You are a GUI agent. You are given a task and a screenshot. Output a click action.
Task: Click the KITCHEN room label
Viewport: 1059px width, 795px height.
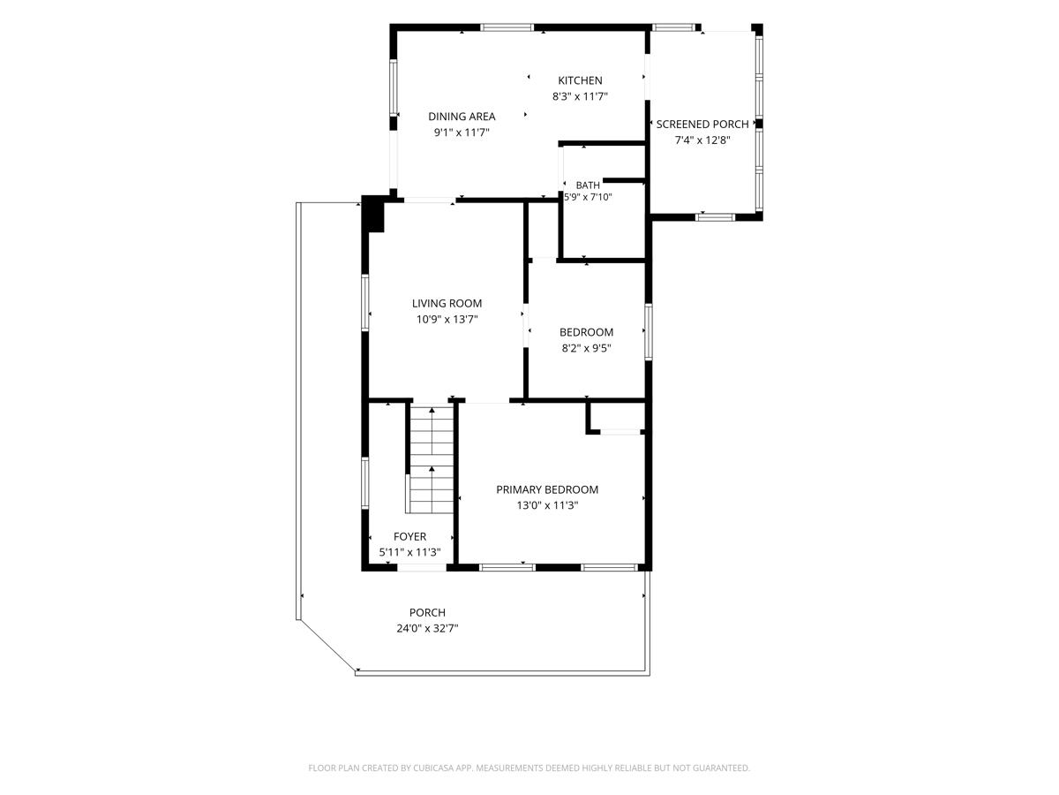[x=580, y=80]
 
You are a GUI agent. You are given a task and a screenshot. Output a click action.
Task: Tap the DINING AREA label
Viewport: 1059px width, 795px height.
[x=462, y=117]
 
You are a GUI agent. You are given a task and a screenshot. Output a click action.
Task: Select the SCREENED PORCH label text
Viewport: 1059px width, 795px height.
[x=702, y=124]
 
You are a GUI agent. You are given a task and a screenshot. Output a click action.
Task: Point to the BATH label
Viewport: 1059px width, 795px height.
[x=588, y=185]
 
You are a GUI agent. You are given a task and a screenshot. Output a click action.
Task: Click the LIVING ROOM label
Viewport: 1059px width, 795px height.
[x=447, y=303]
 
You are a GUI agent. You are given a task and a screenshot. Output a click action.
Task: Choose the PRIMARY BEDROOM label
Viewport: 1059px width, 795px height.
[x=547, y=489]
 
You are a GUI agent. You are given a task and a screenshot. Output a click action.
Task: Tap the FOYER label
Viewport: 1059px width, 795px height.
[x=409, y=536]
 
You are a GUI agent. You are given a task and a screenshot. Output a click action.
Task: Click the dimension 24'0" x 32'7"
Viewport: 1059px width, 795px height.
[x=427, y=628]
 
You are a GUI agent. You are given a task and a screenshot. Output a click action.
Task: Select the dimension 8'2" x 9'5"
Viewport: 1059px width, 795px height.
[x=586, y=348]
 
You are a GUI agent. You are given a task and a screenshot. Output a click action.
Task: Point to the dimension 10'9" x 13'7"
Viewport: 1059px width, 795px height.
[x=447, y=319]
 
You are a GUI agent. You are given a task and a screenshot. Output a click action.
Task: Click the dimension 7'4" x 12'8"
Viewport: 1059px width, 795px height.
[x=702, y=140]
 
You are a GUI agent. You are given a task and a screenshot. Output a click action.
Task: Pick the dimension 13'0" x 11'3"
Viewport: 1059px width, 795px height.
[x=547, y=505]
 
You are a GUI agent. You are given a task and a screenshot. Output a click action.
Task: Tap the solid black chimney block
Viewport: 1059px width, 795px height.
[x=372, y=214]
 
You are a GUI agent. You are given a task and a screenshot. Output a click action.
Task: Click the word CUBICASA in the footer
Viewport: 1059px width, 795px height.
[x=433, y=768]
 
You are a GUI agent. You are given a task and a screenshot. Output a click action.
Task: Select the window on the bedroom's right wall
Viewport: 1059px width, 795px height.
[x=649, y=331]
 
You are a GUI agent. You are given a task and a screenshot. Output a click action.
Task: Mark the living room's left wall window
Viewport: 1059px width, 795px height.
[x=365, y=303]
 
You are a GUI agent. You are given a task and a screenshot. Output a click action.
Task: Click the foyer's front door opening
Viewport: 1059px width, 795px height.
[x=421, y=568]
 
